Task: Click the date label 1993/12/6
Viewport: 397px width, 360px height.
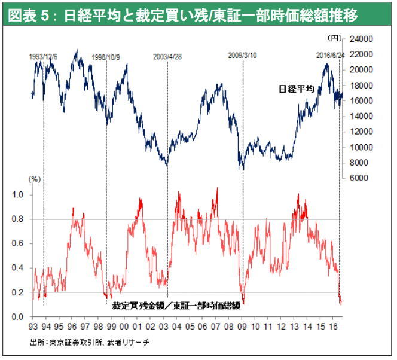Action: [x=43, y=57]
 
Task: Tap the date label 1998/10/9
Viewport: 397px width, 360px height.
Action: [x=106, y=57]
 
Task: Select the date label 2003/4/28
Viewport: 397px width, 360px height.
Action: [x=167, y=57]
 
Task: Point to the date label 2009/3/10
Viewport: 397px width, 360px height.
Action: [x=243, y=55]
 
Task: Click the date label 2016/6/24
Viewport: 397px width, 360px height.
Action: [x=331, y=55]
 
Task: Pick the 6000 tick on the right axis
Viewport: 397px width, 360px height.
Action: [x=359, y=178]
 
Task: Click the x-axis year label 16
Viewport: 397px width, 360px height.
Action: [x=337, y=327]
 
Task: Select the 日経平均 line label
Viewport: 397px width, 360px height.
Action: [x=297, y=89]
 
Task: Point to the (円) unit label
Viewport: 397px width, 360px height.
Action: [x=334, y=38]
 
